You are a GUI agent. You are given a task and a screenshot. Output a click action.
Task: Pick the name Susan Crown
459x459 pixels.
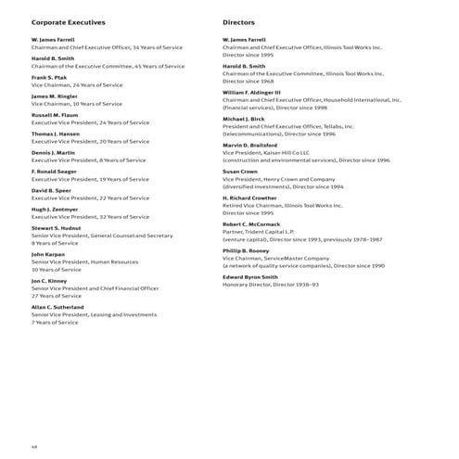tap(240, 172)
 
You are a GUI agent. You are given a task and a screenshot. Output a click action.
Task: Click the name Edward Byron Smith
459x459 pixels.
tap(250, 276)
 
